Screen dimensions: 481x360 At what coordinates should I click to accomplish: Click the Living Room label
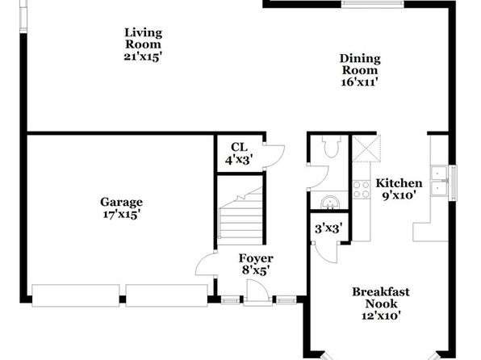point(144,39)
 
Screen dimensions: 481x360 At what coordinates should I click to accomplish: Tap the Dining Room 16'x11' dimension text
point(359,82)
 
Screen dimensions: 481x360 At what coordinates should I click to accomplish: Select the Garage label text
point(122,203)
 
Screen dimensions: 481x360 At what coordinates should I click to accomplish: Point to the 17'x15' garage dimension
point(122,215)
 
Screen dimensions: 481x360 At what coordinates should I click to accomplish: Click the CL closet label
point(239,148)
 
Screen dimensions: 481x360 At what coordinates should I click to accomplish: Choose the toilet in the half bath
point(332,147)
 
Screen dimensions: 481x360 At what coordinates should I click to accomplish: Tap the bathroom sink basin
point(330,202)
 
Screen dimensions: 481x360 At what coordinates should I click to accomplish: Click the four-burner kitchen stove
point(362,190)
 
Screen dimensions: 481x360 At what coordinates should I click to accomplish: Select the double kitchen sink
point(439,181)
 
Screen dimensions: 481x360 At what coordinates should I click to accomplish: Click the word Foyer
point(256,258)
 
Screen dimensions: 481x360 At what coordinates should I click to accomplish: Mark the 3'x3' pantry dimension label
point(328,228)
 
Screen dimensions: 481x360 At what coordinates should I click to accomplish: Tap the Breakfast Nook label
point(381,298)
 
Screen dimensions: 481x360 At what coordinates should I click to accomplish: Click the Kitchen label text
point(399,183)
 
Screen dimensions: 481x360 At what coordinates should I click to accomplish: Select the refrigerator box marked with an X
point(366,149)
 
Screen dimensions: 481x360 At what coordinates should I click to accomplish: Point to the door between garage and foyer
point(205,264)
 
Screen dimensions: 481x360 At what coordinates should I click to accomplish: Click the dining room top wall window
point(373,4)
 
